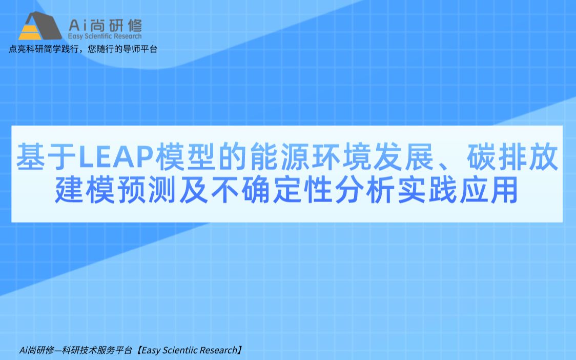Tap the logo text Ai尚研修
pos(105,26)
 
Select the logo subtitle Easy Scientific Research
pos(105,36)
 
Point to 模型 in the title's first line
pos(186,157)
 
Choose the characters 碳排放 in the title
pos(512,157)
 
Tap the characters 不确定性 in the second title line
pos(272,190)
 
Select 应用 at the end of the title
pos(488,190)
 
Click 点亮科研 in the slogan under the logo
pos(26,49)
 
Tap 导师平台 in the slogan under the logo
pos(139,49)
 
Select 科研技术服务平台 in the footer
pos(97,350)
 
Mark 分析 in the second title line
pos(364,190)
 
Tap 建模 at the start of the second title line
pos(85,190)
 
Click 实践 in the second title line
pos(427,190)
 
